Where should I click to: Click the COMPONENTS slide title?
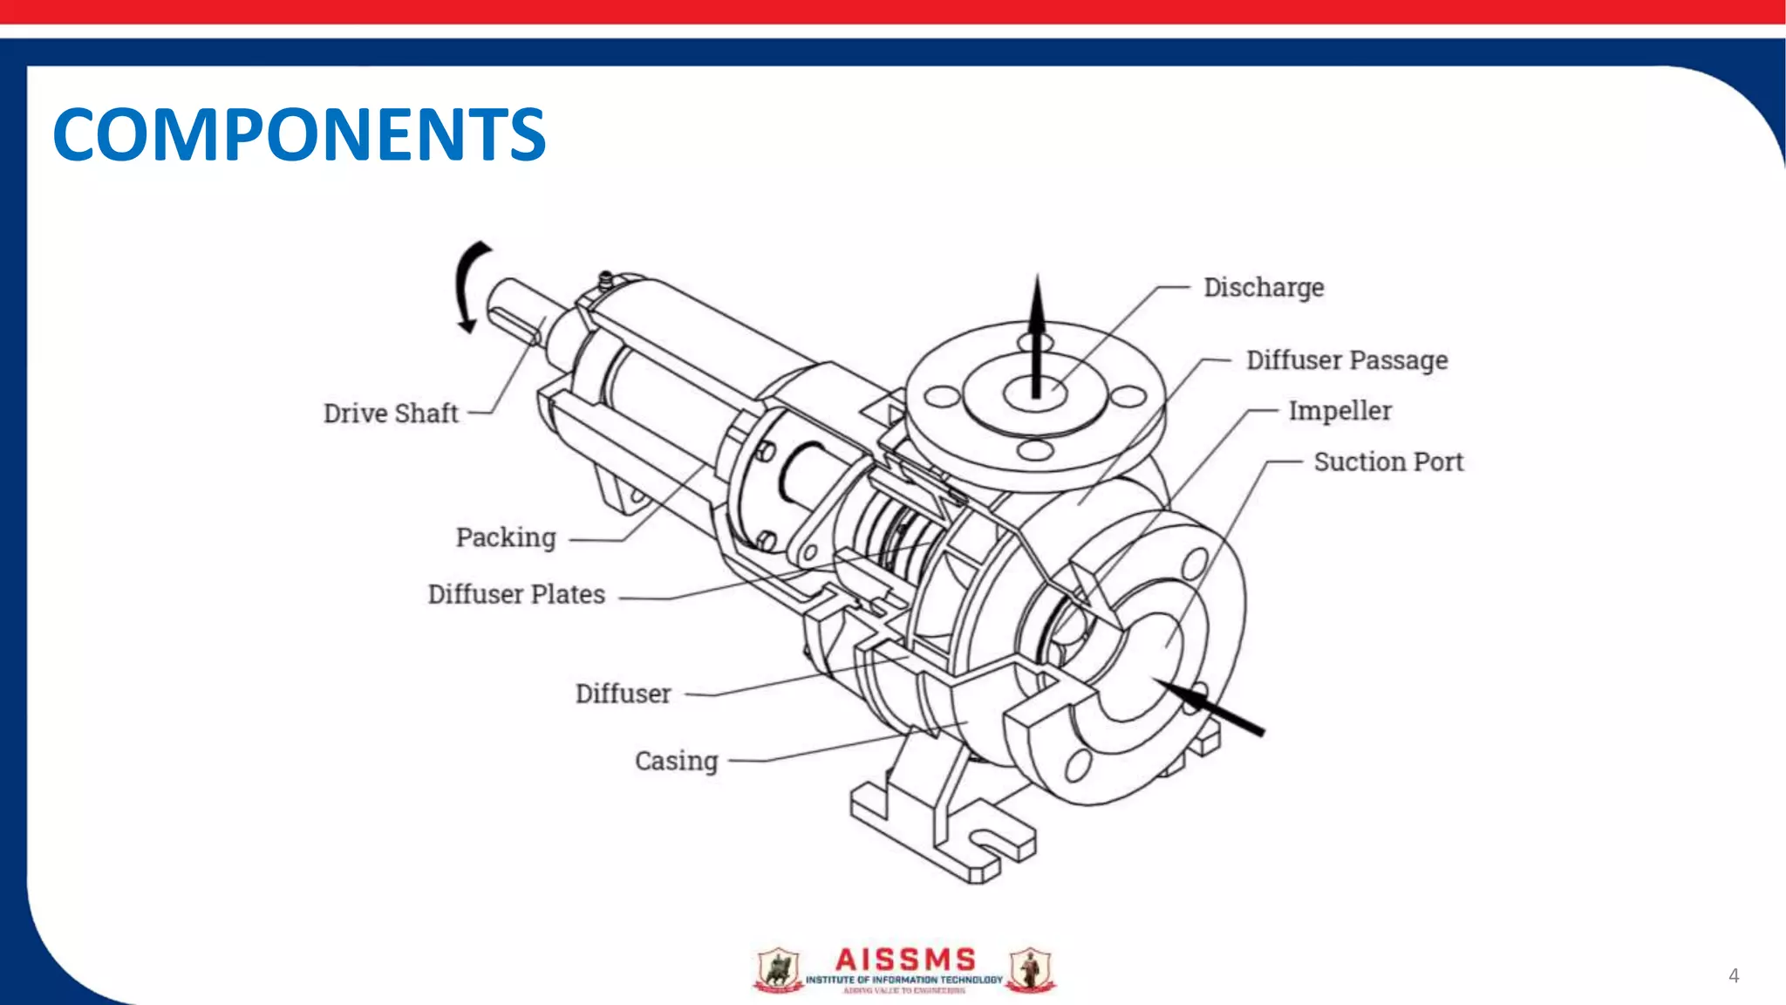tap(299, 134)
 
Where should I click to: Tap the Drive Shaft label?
tap(391, 414)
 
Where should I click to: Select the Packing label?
tap(506, 537)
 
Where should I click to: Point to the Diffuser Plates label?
tap(516, 594)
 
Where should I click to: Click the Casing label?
tap(676, 761)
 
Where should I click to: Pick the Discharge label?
tap(1264, 288)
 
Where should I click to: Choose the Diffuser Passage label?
tap(1346, 360)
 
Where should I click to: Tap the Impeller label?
tap(1339, 411)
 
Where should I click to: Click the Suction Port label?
tap(1388, 461)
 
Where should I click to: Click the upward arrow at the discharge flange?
tap(1036, 336)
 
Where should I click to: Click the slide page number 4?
tap(1734, 975)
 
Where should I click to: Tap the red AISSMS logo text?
tap(905, 960)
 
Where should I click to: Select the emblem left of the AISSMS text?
tap(778, 971)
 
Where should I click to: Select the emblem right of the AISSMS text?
tap(1031, 971)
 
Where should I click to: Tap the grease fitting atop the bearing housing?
tap(605, 281)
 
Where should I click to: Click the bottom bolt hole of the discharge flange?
tap(1035, 450)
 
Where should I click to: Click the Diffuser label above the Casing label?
tap(623, 694)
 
